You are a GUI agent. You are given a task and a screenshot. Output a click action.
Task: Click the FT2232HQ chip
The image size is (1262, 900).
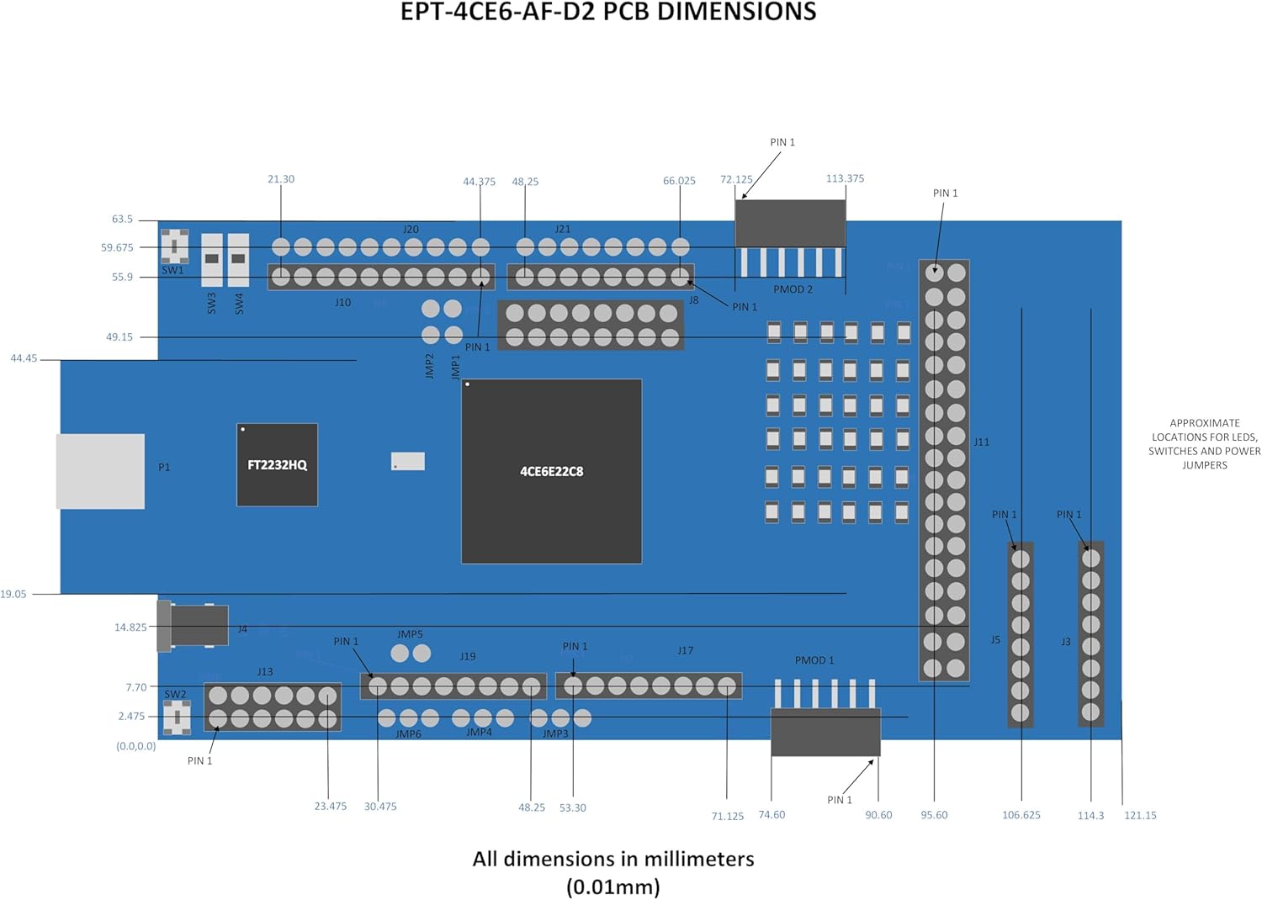[277, 464]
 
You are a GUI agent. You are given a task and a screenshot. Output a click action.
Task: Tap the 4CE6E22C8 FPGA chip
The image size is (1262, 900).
[551, 471]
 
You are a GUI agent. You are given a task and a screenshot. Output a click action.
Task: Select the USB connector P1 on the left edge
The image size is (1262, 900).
[100, 471]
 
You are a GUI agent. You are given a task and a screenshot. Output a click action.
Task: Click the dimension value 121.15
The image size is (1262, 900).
[1140, 815]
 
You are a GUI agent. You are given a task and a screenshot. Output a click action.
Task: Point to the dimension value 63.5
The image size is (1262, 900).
[122, 219]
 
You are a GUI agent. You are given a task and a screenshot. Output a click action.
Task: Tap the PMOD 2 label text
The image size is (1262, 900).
[793, 289]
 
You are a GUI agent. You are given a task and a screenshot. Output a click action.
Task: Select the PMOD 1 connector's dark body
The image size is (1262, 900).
[825, 732]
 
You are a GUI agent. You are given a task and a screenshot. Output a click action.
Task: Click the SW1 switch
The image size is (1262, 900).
[174, 246]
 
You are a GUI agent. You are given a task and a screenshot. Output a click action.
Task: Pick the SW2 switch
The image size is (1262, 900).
[177, 717]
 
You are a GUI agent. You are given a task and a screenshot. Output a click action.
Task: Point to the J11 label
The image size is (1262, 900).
[982, 442]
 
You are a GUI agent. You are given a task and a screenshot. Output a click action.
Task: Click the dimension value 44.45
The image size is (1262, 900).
[24, 358]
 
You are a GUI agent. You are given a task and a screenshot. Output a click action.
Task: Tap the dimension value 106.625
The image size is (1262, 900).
[1021, 815]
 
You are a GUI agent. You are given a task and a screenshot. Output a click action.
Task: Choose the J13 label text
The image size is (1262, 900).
[265, 672]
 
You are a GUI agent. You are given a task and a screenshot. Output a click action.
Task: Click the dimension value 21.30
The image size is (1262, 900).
[281, 179]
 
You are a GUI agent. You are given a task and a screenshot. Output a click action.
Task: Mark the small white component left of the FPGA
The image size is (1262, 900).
[408, 461]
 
